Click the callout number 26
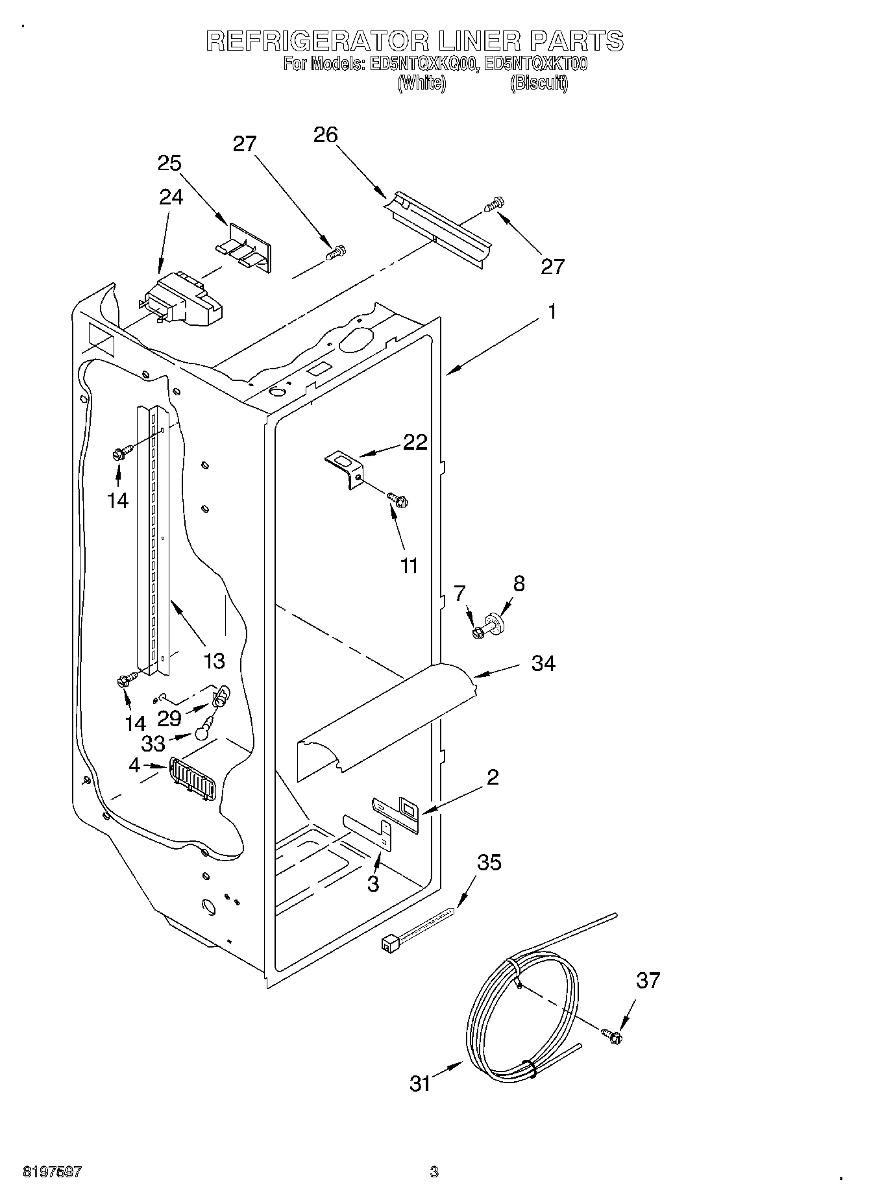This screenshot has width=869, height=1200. click(326, 135)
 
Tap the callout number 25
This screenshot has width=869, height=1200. click(169, 163)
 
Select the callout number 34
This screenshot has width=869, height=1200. click(543, 664)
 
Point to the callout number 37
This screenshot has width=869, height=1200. click(648, 980)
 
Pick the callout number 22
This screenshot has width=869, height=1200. click(415, 442)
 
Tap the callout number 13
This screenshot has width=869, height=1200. click(214, 661)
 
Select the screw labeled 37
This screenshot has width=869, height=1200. click(611, 1037)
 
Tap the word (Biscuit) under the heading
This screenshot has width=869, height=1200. click(539, 83)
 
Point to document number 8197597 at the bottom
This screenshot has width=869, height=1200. click(52, 1172)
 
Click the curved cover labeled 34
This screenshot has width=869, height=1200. click(389, 720)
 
